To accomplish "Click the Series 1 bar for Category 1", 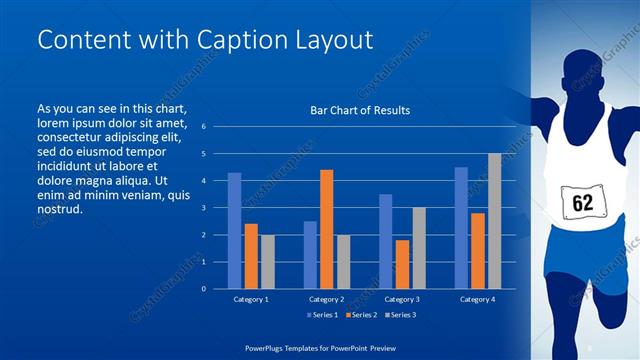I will point(234,231).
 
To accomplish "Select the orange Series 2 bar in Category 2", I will point(326,229).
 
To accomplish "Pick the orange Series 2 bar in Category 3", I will point(402,264).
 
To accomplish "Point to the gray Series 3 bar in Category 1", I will point(267,262).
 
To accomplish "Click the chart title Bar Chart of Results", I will point(360,110).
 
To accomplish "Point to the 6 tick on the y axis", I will point(203,127).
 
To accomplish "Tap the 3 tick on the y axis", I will point(203,208).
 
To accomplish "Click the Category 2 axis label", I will point(326,299).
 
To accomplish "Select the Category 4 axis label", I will point(477,299).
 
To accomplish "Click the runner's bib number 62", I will point(583,203).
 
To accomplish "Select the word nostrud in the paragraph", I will point(59,210).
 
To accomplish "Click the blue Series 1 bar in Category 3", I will point(385,241).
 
